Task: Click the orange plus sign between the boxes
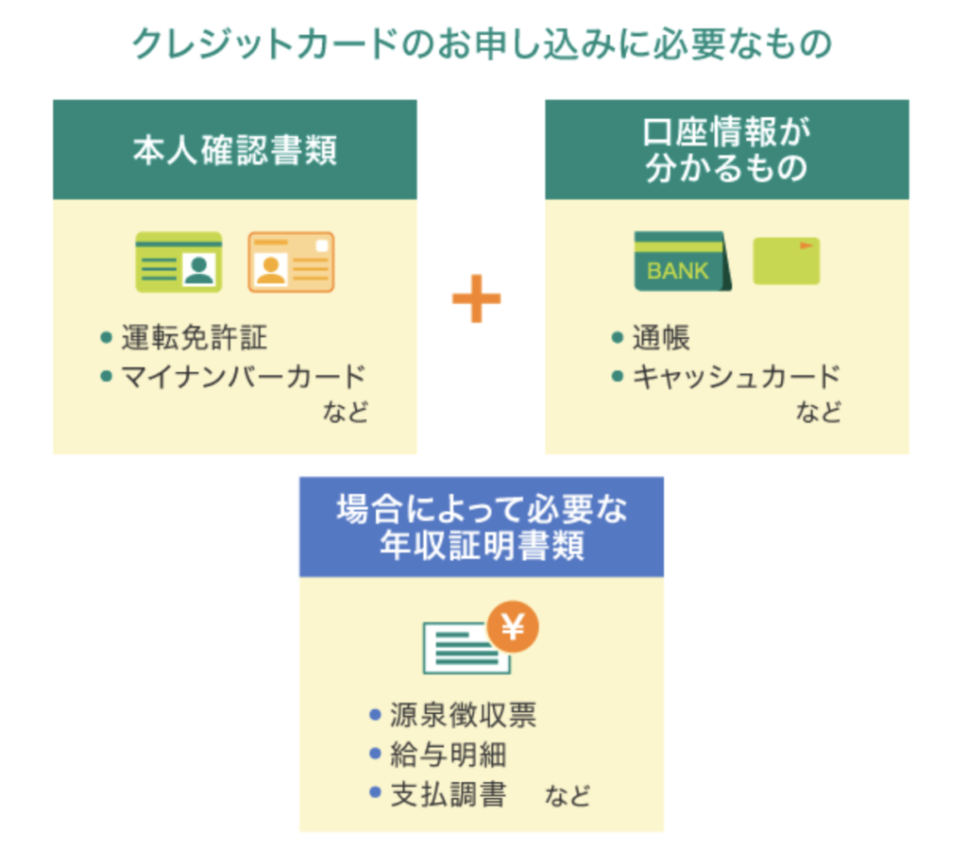pyautogui.click(x=476, y=299)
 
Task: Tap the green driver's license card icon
pyautogui.click(x=178, y=262)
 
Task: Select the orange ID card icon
pyautogui.click(x=291, y=262)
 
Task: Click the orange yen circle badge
pyautogui.click(x=513, y=625)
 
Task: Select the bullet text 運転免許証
pyautogui.click(x=195, y=337)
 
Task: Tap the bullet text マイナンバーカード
pyautogui.click(x=243, y=377)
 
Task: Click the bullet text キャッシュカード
pyautogui.click(x=736, y=377)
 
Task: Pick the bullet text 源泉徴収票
pyautogui.click(x=463, y=715)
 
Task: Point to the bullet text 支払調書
pyautogui.click(x=448, y=794)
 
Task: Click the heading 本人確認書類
pyautogui.click(x=234, y=151)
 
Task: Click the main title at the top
pyautogui.click(x=483, y=44)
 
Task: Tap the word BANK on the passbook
pyautogui.click(x=677, y=272)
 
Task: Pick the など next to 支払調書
pyautogui.click(x=568, y=794)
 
